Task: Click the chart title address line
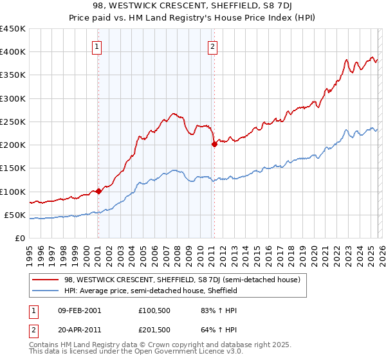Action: click(x=192, y=6)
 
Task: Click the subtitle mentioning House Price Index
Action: click(x=192, y=17)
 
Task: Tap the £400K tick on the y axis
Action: click(x=13, y=52)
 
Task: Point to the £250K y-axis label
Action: click(x=13, y=122)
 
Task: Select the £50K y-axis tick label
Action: click(x=15, y=215)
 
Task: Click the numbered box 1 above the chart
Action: click(x=96, y=46)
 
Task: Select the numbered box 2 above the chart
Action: click(x=212, y=46)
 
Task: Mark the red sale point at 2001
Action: click(x=98, y=191)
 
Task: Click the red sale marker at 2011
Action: click(x=214, y=144)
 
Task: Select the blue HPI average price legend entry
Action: click(x=151, y=291)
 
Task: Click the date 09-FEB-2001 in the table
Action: click(x=79, y=310)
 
